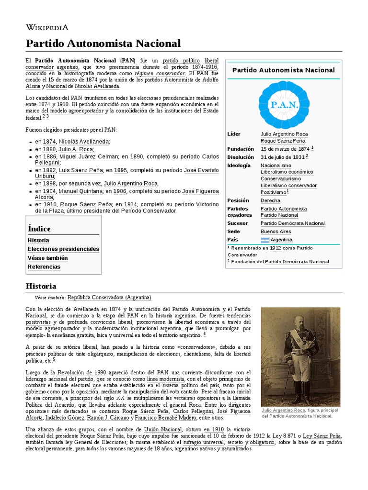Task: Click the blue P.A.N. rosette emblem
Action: [284, 104]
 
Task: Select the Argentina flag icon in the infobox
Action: [265, 240]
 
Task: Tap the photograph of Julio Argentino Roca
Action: [300, 356]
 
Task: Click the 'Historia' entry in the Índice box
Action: [38, 240]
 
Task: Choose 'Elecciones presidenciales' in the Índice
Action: [63, 249]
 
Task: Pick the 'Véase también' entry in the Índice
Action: [47, 258]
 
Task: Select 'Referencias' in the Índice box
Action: [44, 267]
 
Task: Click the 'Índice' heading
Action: [39, 229]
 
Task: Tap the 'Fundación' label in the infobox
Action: [241, 149]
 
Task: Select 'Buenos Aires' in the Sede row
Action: [276, 231]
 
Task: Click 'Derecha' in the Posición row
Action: [271, 200]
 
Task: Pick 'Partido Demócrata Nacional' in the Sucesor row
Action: [293, 223]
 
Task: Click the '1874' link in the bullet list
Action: [49, 142]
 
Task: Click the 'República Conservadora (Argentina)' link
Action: [109, 297]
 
